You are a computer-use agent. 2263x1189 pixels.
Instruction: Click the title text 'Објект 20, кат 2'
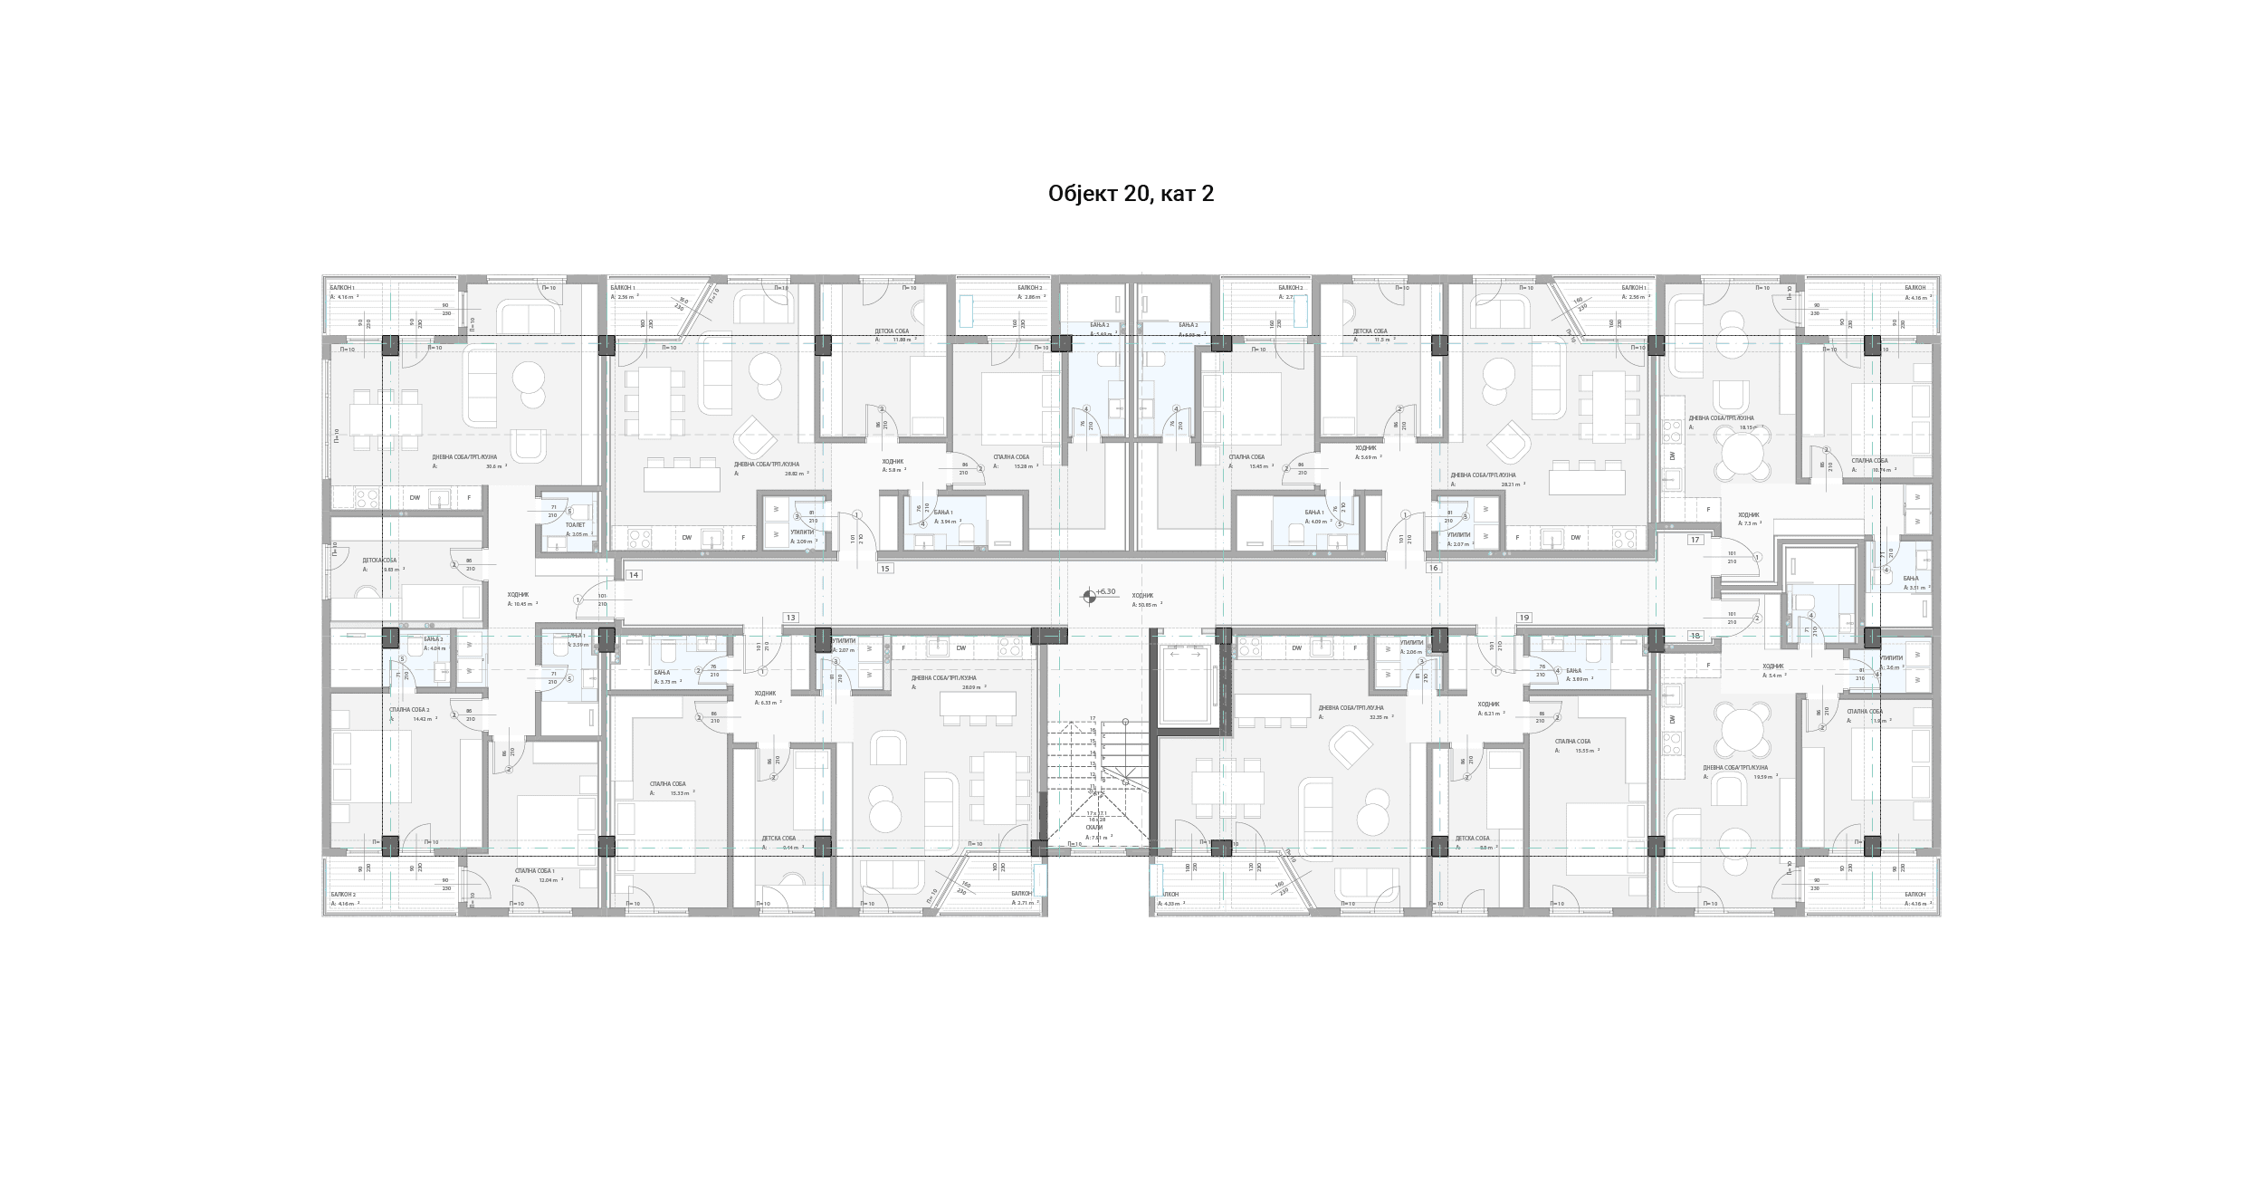pyautogui.click(x=1131, y=194)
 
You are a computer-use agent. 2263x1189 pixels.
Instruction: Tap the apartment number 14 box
pyautogui.click(x=634, y=575)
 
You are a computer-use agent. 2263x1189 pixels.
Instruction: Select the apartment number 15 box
pyautogui.click(x=885, y=569)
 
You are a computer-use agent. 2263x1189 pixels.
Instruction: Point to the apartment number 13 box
pyautogui.click(x=790, y=618)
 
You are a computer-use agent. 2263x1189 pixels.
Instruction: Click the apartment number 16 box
pyautogui.click(x=1433, y=568)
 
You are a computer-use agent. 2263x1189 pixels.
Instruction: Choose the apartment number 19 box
pyautogui.click(x=1524, y=618)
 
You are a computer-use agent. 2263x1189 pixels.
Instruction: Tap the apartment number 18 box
pyautogui.click(x=1695, y=636)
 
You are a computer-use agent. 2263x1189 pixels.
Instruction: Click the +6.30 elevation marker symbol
pyautogui.click(x=1089, y=596)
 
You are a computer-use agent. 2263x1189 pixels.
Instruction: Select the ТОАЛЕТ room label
pyautogui.click(x=575, y=524)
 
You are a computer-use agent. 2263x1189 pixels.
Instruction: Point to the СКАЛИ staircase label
pyautogui.click(x=1094, y=828)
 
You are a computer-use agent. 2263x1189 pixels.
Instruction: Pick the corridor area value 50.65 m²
pyautogui.click(x=1149, y=604)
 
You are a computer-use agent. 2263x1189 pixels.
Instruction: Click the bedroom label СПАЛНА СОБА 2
pyautogui.click(x=408, y=710)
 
